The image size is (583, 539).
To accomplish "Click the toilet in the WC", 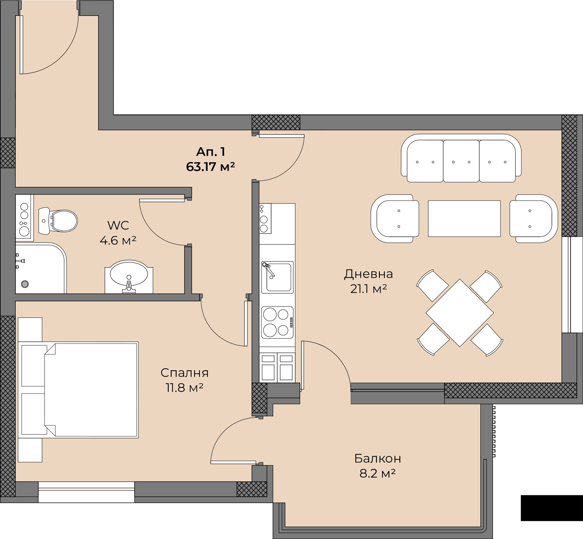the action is click(58, 221).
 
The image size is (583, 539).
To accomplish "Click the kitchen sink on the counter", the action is click(277, 277).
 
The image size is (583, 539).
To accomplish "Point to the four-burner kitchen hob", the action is click(277, 322).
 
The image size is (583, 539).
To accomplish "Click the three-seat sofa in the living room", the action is click(461, 158).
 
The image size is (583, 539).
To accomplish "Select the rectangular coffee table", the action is click(464, 218).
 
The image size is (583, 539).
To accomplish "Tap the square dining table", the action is click(460, 313).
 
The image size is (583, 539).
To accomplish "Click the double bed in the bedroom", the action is click(78, 390).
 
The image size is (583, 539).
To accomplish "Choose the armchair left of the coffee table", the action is click(395, 219).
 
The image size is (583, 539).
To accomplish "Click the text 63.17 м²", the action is click(210, 167).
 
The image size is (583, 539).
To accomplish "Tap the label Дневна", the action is click(369, 274).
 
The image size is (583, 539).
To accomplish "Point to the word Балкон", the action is click(378, 458).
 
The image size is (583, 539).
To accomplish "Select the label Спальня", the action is click(184, 373).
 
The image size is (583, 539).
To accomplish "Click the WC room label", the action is click(118, 225).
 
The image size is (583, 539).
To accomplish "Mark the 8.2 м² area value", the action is click(378, 474).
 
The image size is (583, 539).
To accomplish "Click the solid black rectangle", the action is click(552, 508).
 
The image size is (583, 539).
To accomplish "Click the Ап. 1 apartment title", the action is click(210, 152).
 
